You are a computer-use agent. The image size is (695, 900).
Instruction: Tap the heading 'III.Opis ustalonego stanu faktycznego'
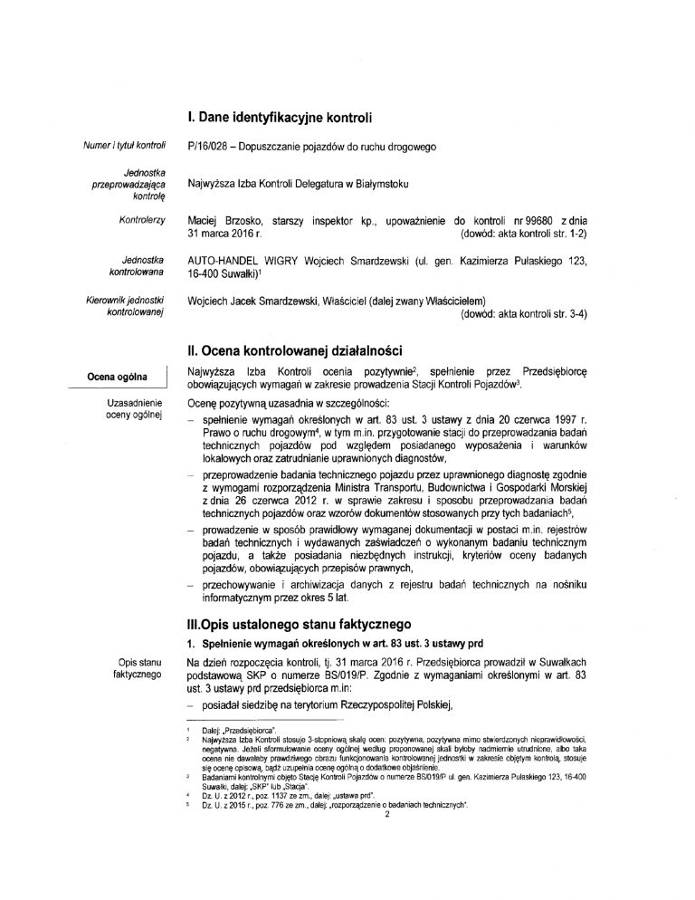point(299,624)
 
